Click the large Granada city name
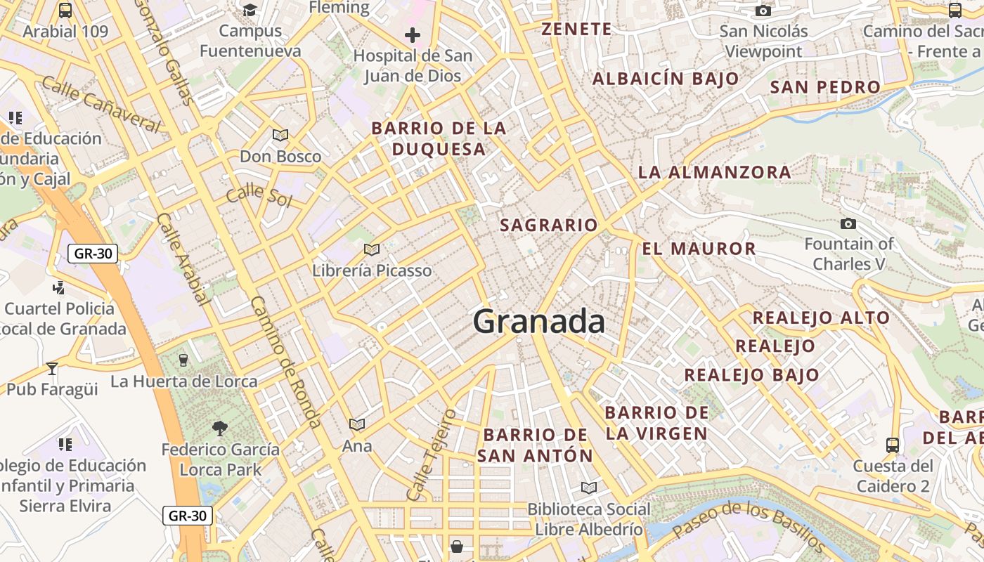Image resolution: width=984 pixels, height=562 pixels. (538, 322)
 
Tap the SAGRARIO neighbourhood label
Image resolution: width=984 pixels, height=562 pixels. (548, 225)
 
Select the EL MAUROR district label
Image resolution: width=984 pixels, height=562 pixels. (699, 248)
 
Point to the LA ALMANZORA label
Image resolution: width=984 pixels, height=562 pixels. (714, 172)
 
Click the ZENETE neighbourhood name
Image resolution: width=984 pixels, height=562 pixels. (576, 29)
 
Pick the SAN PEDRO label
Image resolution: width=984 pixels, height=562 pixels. (825, 87)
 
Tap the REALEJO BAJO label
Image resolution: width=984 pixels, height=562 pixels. (751, 375)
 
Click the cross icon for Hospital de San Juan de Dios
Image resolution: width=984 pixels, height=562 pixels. (413, 34)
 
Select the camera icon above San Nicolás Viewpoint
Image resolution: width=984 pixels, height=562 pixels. (763, 11)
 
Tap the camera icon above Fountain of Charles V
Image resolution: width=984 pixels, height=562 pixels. (848, 223)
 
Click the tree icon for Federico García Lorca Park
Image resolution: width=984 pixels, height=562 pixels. (220, 428)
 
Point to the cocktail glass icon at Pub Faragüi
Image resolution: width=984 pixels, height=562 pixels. (52, 368)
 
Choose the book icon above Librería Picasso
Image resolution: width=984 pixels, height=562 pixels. (372, 249)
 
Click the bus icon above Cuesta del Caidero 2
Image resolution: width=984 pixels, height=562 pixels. (892, 445)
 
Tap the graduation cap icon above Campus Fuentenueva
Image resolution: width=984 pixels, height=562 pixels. (250, 10)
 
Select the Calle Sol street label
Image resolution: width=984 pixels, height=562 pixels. (259, 195)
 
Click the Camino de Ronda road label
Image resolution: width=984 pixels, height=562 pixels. (285, 361)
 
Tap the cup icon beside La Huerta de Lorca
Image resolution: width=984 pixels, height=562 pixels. (183, 360)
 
